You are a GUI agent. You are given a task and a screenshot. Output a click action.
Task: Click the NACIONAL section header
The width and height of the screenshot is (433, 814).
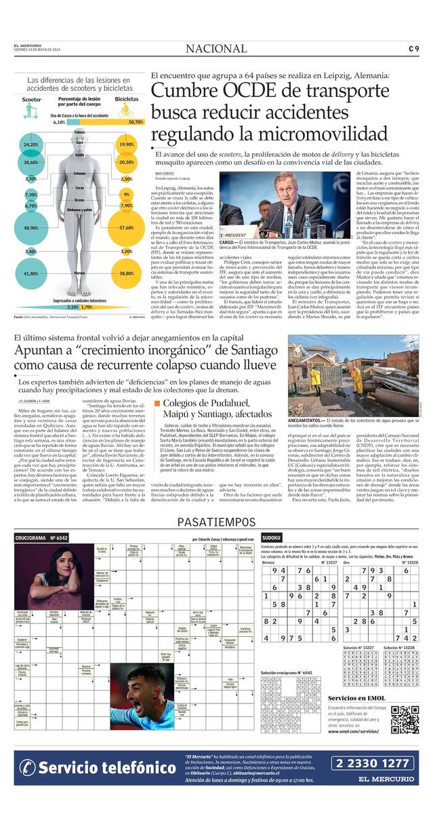216,48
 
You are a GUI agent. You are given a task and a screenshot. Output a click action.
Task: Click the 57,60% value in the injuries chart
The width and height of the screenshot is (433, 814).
126,228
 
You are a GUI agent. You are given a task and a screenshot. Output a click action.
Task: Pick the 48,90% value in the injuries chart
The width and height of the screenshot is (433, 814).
30,228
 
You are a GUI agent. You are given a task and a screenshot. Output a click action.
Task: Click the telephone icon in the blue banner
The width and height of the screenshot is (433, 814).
27,767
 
